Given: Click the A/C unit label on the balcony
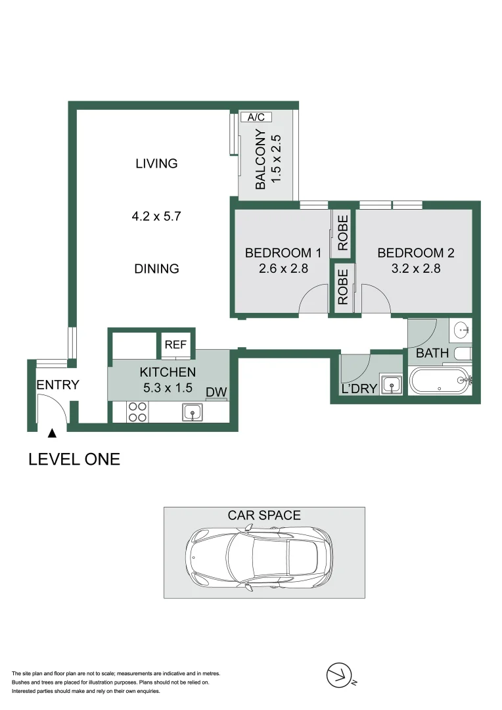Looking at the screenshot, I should point(256,118).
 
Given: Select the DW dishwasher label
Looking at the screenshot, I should point(216,392).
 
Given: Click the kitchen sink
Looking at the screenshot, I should point(193,412).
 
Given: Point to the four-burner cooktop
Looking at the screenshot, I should point(137,412).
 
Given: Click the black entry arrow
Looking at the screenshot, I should point(52,433).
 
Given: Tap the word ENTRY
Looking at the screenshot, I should point(58,385).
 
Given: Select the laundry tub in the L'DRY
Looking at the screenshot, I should point(391,384).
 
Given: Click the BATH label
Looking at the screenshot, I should point(432,353).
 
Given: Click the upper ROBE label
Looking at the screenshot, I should point(343,234).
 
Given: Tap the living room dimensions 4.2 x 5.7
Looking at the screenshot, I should point(156,216).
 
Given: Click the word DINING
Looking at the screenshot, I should point(156,268).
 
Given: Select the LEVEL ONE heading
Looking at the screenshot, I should point(74,459).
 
